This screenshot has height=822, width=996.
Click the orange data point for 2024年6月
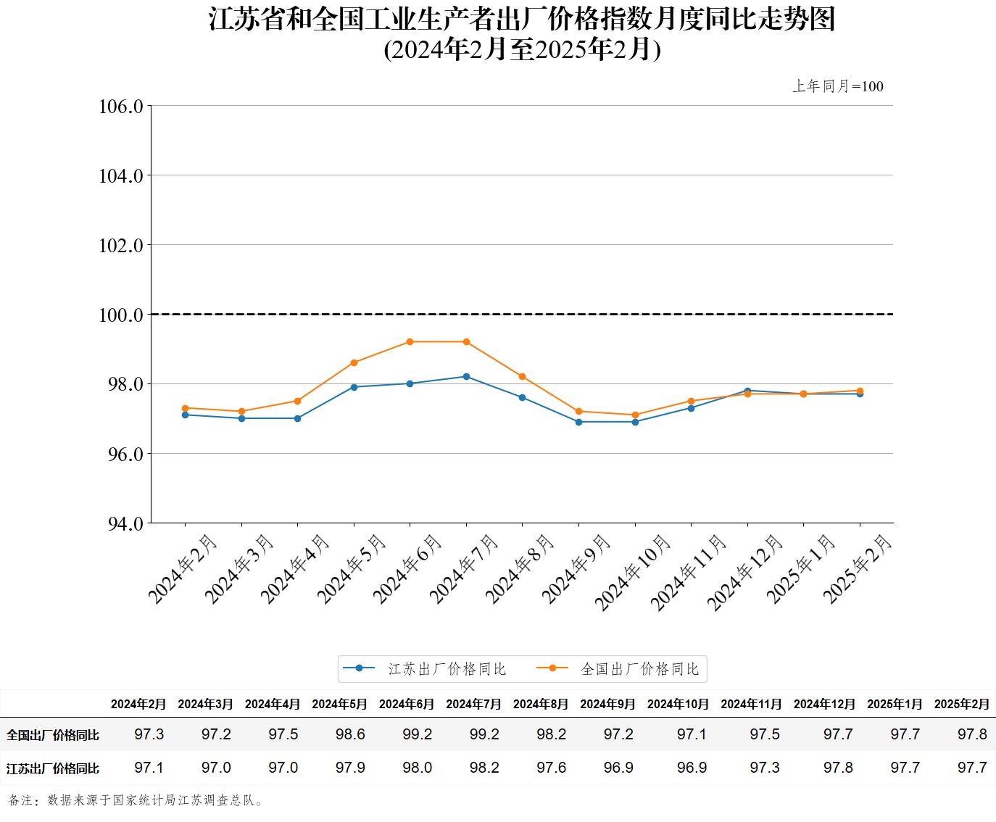(410, 341)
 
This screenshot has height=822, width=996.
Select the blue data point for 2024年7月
(466, 376)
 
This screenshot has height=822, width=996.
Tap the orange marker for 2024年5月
(354, 362)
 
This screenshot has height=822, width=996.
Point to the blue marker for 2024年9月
(578, 422)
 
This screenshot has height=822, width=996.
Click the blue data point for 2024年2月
(185, 415)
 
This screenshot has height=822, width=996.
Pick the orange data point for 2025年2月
(860, 391)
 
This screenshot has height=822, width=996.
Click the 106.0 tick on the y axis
(120, 107)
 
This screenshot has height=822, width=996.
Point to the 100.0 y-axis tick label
(120, 315)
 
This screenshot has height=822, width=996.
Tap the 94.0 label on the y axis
(120, 523)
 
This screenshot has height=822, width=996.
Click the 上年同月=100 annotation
(837, 86)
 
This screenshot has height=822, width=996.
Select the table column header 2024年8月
(541, 704)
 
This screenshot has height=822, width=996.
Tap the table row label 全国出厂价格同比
(53, 735)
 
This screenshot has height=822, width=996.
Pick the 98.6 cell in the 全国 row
(350, 734)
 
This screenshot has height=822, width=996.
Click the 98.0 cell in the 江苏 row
(418, 768)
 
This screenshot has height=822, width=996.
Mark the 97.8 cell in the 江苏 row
(838, 768)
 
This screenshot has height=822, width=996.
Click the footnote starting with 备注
(137, 800)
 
